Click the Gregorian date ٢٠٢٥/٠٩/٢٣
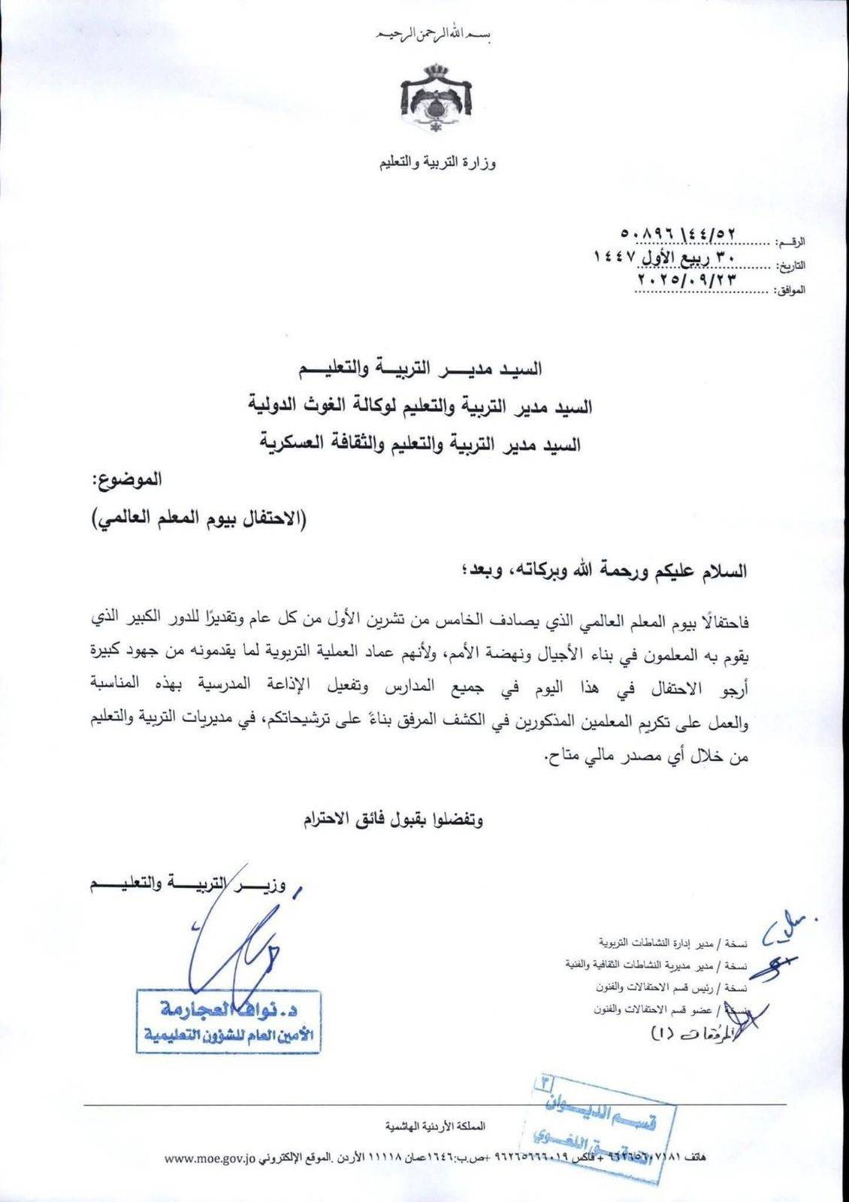(x=684, y=278)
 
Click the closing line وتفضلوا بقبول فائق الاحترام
(x=394, y=818)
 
